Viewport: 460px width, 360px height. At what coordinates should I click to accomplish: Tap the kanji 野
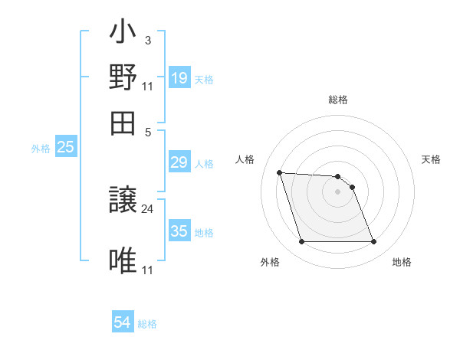coord(123,77)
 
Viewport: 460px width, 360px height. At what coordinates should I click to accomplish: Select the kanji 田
coord(123,122)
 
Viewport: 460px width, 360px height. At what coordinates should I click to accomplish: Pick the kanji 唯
coord(123,260)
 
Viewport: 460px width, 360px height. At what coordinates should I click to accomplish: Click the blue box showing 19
coord(179,78)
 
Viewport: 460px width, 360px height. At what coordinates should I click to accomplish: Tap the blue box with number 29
coord(179,163)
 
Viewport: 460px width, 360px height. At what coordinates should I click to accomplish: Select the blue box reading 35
coord(179,231)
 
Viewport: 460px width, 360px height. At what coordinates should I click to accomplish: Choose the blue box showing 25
coord(65,147)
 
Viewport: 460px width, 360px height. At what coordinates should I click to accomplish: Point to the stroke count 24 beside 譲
coord(148,208)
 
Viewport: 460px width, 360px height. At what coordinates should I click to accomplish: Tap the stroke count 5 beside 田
coord(148,131)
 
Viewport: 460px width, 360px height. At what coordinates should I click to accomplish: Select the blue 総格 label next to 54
coord(147,324)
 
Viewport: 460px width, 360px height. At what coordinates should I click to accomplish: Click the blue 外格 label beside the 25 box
coord(40,149)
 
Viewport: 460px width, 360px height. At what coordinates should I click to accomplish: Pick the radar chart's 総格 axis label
coord(337,100)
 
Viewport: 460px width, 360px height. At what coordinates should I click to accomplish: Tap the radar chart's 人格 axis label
coord(245,159)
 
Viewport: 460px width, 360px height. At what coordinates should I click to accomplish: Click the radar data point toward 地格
coord(373,242)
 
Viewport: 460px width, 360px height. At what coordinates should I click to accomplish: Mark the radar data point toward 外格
coord(301,242)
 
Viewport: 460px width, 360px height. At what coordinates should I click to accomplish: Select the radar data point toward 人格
coord(279,172)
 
